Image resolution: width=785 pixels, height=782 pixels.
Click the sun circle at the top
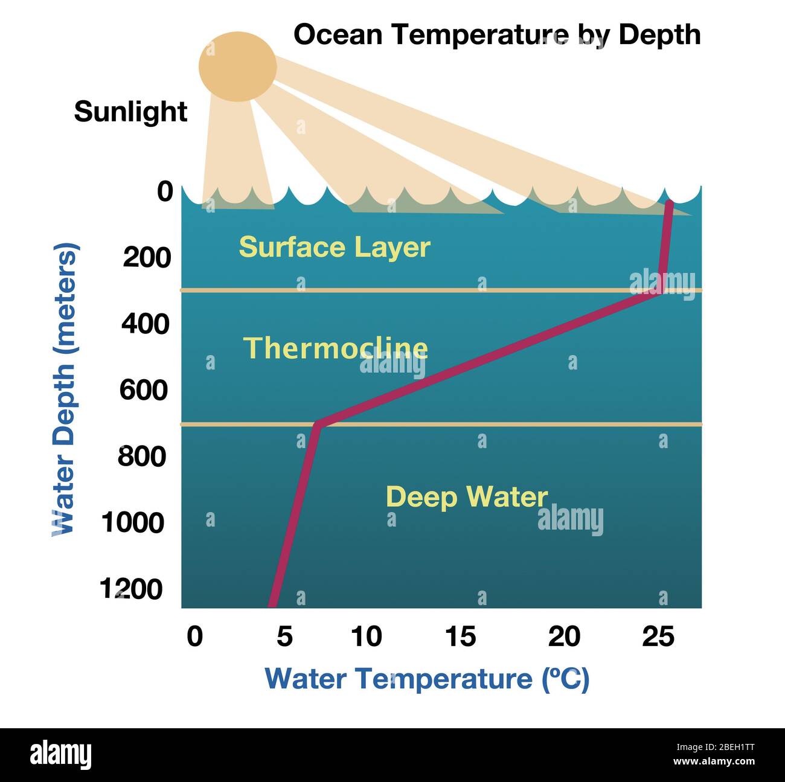(x=237, y=66)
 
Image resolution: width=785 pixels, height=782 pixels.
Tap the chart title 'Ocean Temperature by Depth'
(x=496, y=34)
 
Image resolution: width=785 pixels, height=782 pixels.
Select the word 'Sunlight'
(x=130, y=112)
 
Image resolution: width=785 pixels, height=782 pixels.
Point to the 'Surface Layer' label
(x=335, y=247)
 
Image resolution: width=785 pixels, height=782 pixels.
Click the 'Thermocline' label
(x=335, y=348)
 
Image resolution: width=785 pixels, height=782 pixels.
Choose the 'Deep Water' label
(x=466, y=496)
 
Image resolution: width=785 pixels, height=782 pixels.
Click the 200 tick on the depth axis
(x=147, y=258)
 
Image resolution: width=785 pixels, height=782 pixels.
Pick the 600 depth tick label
(x=143, y=390)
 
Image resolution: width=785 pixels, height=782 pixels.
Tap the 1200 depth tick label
(x=132, y=589)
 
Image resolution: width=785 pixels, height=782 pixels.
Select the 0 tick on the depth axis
(x=165, y=192)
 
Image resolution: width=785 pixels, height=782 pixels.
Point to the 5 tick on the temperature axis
(x=284, y=637)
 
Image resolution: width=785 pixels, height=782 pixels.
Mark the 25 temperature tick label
(x=658, y=637)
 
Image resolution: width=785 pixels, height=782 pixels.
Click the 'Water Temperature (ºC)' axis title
(x=427, y=679)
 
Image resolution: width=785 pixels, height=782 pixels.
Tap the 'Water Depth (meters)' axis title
(x=64, y=389)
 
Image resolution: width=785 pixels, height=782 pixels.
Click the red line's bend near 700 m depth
(x=318, y=425)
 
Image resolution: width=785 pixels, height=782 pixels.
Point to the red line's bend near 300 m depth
(x=661, y=291)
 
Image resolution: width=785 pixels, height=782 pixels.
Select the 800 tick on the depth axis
(x=141, y=457)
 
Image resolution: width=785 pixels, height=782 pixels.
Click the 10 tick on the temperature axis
(x=366, y=637)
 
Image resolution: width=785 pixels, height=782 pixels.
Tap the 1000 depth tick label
(x=132, y=522)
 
